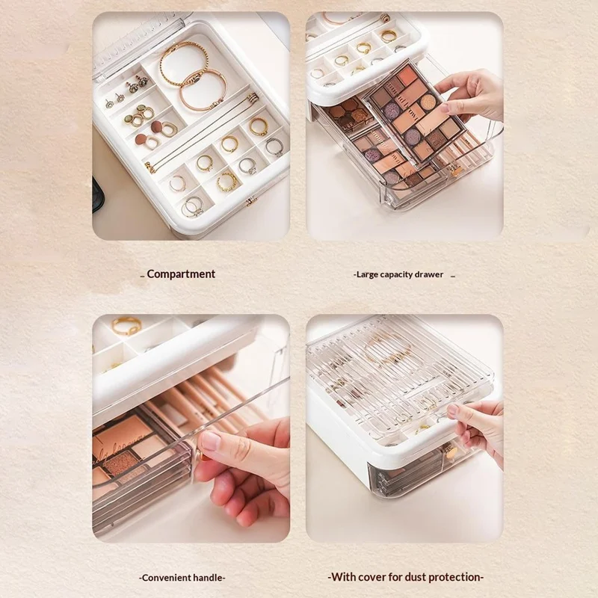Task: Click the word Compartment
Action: pyautogui.click(x=181, y=274)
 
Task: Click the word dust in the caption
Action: pyautogui.click(x=418, y=577)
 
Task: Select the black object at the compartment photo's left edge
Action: pyautogui.click(x=98, y=194)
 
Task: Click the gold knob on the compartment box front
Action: pyautogui.click(x=250, y=201)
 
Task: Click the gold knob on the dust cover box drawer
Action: pyautogui.click(x=450, y=452)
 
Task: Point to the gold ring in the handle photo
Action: pyautogui.click(x=126, y=325)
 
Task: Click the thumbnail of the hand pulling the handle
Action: pyautogui.click(x=191, y=428)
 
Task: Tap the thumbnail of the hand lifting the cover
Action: pyautogui.click(x=404, y=428)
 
